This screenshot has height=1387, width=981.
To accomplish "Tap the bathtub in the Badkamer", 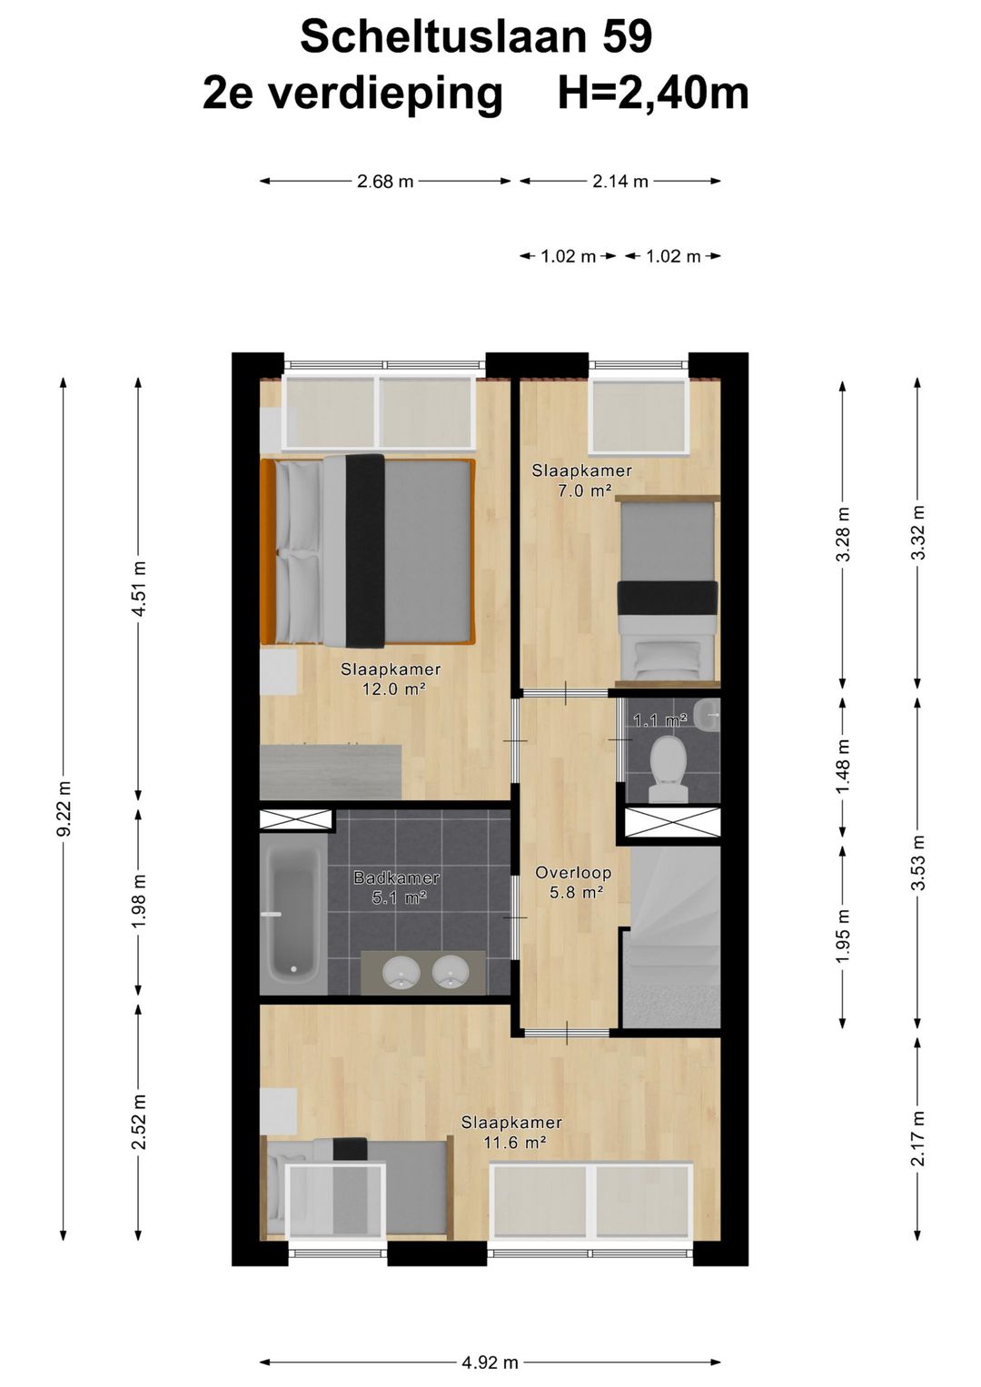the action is pos(294,911).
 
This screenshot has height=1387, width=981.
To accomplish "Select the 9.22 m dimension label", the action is pos(65,808).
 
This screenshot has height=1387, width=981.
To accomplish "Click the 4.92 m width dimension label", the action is pos(490,1357).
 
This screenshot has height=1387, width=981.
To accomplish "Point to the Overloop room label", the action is pos(573,873).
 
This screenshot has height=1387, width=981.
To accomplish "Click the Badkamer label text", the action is pos(397,878).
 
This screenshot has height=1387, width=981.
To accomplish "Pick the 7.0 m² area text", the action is pos(582,490).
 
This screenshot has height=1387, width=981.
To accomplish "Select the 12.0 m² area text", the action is pos(393,689).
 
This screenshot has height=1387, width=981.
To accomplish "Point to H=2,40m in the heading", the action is pos(653,94).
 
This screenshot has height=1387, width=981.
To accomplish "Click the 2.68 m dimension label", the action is pos(385,182).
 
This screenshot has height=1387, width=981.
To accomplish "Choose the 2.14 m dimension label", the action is pos(619,182).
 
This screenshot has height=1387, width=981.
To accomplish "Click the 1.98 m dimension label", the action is pos(141,901).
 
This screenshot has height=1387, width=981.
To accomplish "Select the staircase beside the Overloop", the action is pos(669,937).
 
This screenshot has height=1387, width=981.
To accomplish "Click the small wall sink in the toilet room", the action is pos(708,715).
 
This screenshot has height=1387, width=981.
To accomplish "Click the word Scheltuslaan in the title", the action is pos(443,36).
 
